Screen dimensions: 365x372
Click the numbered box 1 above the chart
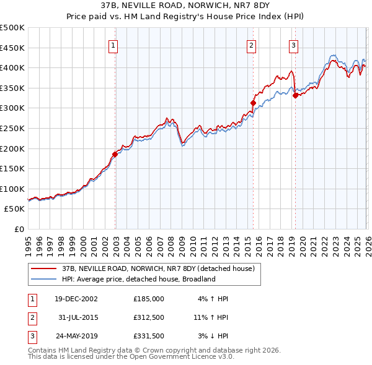(x=115, y=45)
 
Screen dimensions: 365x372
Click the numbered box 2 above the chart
(x=251, y=45)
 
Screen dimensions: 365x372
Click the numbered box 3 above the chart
(x=293, y=45)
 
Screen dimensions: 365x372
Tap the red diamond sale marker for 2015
(x=253, y=103)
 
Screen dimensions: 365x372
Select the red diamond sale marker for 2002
(x=115, y=154)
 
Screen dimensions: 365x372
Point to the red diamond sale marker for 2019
(x=295, y=95)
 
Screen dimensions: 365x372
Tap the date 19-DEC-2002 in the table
(x=76, y=299)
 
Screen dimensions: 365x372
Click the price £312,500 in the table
(x=149, y=317)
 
